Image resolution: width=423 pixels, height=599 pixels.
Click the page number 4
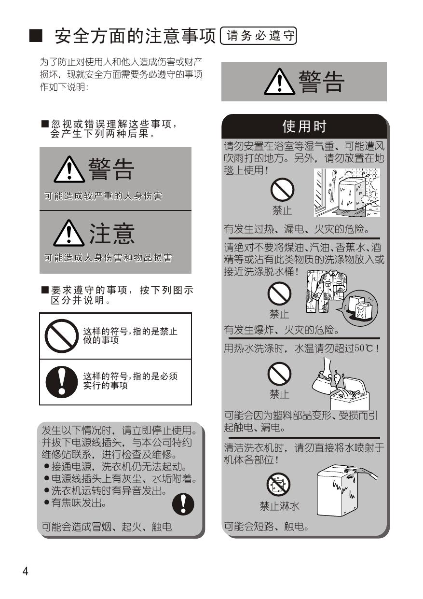coord(26,571)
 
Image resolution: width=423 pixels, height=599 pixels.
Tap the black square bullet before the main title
coord(36,36)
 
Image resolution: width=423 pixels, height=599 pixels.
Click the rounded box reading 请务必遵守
coord(259,36)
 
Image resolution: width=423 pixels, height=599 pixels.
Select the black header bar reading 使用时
coord(304,126)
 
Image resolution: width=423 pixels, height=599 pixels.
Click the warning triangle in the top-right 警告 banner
coord(279,82)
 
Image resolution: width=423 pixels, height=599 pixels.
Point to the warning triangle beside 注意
coord(69,233)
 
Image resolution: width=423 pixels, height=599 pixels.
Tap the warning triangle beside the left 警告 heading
coord(69,169)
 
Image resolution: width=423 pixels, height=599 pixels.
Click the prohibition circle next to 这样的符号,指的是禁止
coord(62,336)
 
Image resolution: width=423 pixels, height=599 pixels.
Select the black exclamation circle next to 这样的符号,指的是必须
coord(62,382)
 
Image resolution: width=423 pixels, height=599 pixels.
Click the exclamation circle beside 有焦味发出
coord(183,504)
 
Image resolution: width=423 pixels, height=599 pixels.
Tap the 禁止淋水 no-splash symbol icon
coord(278,484)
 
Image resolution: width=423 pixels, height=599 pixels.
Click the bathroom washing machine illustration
coord(347,192)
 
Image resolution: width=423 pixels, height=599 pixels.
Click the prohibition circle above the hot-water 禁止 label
coord(279,374)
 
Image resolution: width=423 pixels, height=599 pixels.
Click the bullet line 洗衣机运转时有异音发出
coord(106,491)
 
